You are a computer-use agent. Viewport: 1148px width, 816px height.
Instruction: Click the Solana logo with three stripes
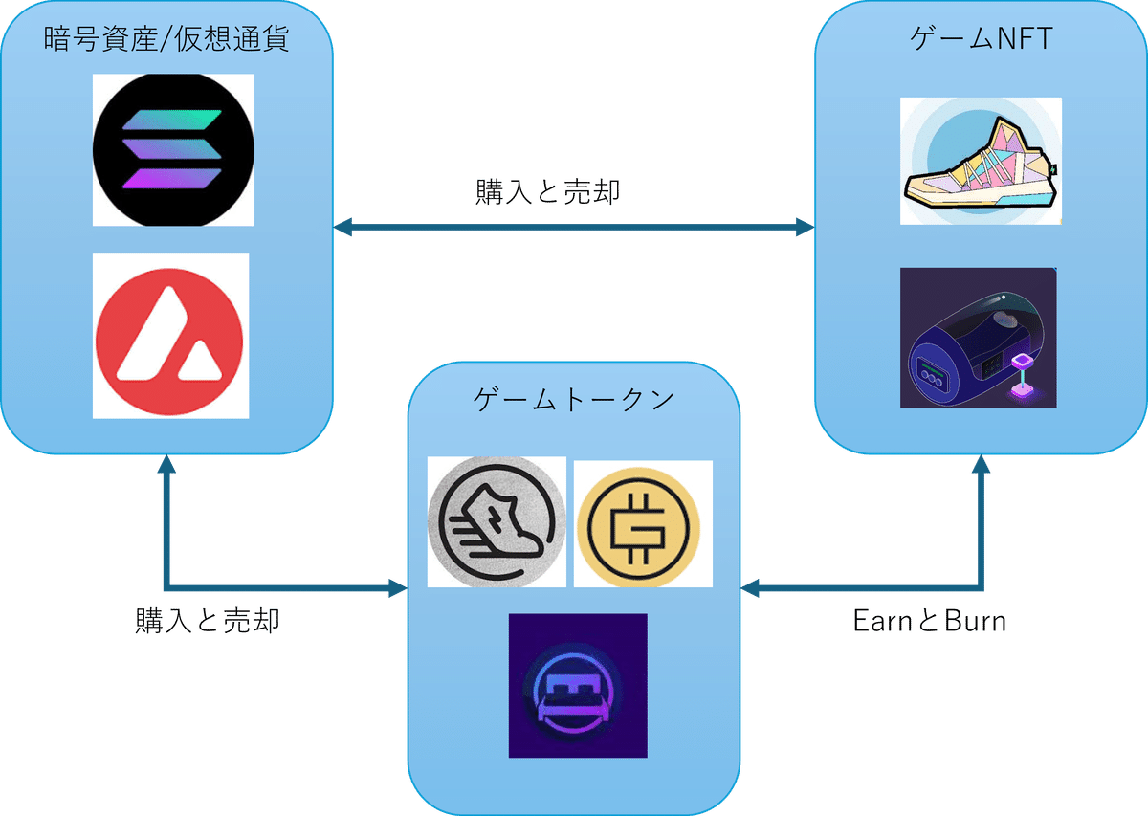click(x=173, y=150)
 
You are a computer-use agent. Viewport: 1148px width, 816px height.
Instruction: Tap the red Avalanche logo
click(x=170, y=335)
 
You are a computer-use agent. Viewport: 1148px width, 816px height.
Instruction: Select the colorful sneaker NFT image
click(x=981, y=161)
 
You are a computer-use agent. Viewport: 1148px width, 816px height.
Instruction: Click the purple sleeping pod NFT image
click(x=978, y=338)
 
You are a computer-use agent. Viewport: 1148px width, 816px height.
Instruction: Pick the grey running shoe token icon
click(x=497, y=522)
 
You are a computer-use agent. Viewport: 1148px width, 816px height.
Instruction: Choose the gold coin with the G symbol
click(x=643, y=524)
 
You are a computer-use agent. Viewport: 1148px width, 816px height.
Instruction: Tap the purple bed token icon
click(x=578, y=685)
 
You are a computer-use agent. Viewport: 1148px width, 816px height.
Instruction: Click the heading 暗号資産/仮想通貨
click(x=166, y=40)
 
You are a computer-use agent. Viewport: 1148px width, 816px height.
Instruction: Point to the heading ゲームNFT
click(x=982, y=39)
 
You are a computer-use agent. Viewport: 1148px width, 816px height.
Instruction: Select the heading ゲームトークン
click(x=574, y=400)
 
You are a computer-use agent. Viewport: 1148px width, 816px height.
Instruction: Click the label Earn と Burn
click(x=929, y=621)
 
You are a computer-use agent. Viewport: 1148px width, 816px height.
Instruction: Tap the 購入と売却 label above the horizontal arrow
click(x=548, y=192)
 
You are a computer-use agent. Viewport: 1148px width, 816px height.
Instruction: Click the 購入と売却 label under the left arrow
click(x=208, y=621)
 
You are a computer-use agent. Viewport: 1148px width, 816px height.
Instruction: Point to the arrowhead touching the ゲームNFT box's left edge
click(x=804, y=228)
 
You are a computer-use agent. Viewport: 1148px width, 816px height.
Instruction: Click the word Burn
click(x=976, y=621)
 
